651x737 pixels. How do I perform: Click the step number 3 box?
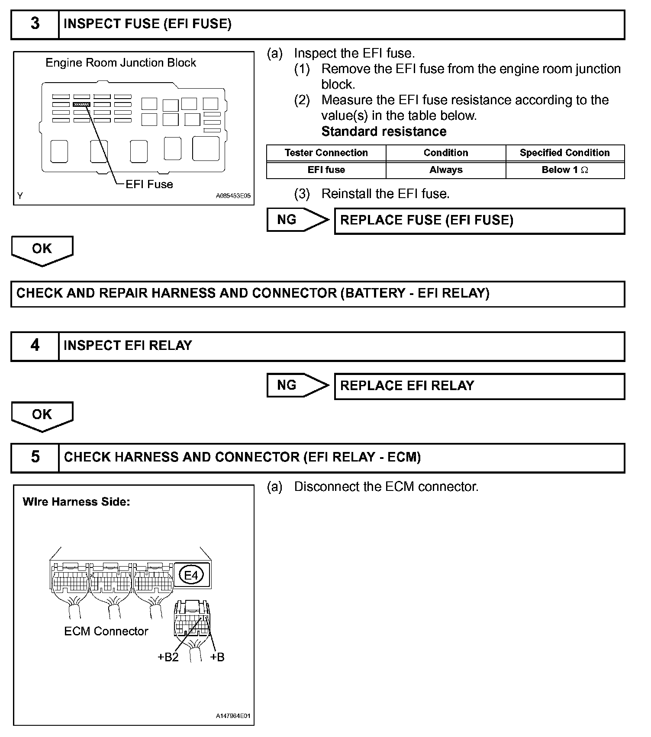[35, 24]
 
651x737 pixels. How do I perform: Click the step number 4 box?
[35, 346]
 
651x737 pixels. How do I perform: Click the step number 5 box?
[35, 458]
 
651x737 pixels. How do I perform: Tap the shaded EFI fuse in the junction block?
[81, 104]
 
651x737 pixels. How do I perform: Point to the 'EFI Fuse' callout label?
[149, 185]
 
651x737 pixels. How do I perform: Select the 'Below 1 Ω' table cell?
[564, 170]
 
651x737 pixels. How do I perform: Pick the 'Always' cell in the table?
[445, 170]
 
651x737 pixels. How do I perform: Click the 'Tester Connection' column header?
[326, 153]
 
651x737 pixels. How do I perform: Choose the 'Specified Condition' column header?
[564, 153]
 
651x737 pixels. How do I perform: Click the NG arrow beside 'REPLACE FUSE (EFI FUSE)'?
[297, 220]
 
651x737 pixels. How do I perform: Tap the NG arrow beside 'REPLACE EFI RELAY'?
[297, 385]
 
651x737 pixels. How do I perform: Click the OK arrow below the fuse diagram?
[42, 250]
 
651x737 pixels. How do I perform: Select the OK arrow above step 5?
[42, 416]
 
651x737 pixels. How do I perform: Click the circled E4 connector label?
[191, 575]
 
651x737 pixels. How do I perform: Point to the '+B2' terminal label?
[168, 657]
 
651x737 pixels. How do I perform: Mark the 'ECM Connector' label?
[106, 631]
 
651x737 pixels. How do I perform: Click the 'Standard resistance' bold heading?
[384, 131]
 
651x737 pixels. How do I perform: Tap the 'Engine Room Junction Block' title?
[121, 63]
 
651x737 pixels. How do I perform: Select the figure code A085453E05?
[233, 196]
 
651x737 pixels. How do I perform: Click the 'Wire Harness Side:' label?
[76, 502]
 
